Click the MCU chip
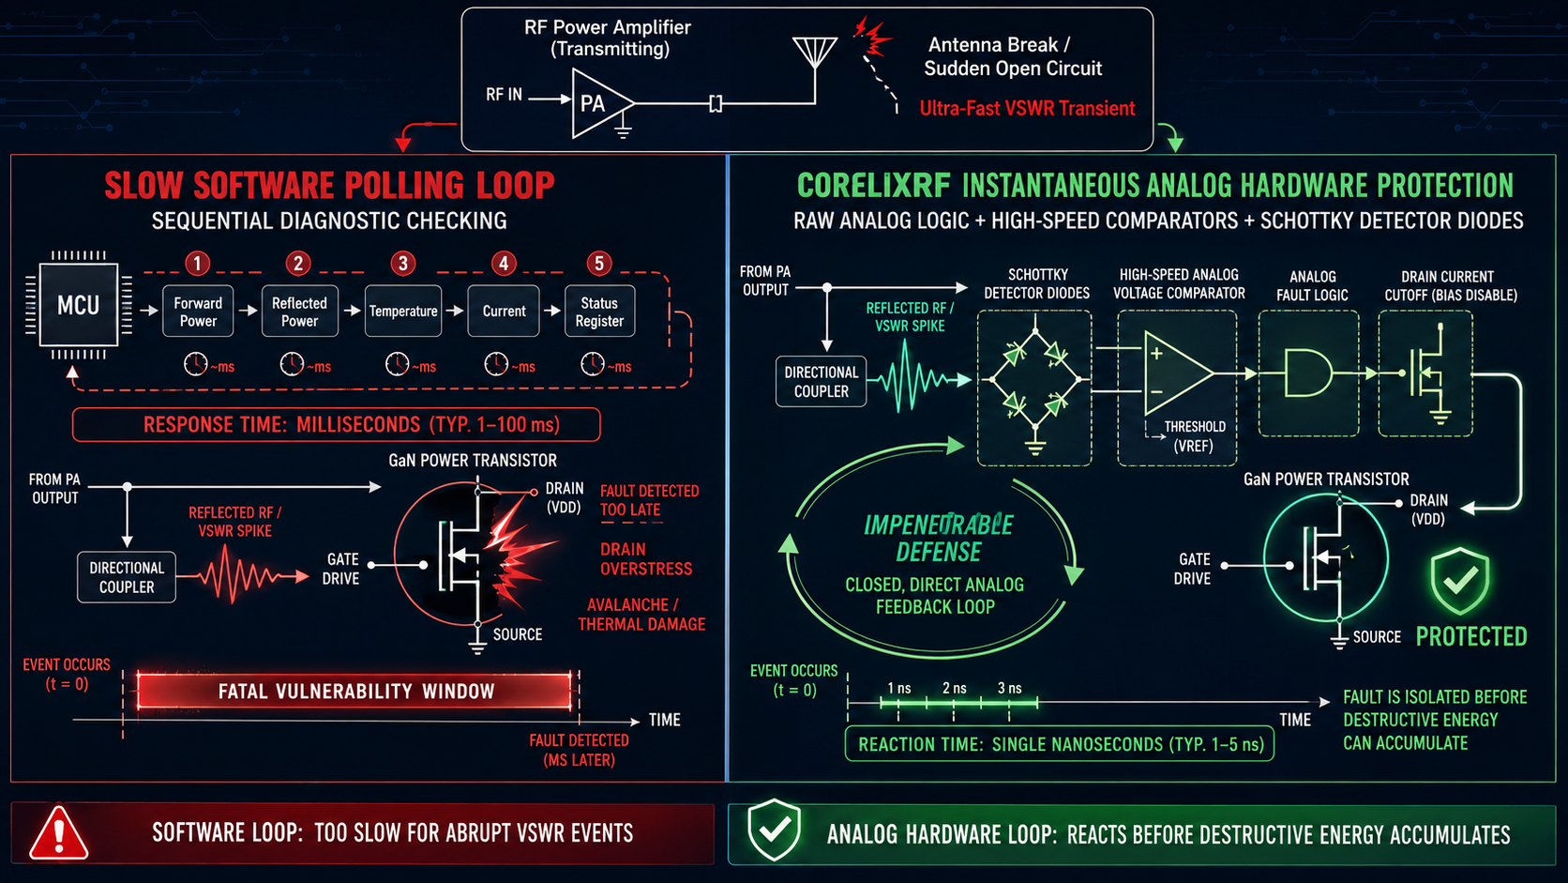[x=79, y=305]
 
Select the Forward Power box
[x=198, y=312]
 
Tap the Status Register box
[x=600, y=312]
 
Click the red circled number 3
[x=402, y=264]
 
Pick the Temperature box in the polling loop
[x=403, y=312]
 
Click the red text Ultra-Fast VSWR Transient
[x=1027, y=109]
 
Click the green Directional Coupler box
[x=822, y=382]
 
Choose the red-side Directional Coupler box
[x=127, y=577]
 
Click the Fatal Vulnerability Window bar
[x=354, y=692]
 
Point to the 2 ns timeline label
[x=954, y=689]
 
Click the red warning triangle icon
[x=59, y=832]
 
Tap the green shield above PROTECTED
[x=1460, y=581]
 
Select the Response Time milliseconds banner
[x=336, y=424]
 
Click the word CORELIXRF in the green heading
[x=874, y=186]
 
